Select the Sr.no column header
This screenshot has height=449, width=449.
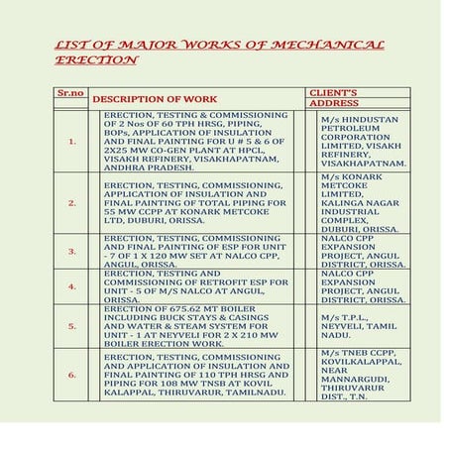68,92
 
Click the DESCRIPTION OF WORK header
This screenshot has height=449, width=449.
154,99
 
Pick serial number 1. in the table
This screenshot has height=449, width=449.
72,141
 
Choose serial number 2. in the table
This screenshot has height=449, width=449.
72,202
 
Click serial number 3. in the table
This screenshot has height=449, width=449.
72,252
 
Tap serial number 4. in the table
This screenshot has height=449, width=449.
72,285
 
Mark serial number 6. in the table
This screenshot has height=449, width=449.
72,375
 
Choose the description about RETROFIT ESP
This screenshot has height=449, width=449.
196,285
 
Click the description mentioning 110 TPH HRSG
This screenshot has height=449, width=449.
196,375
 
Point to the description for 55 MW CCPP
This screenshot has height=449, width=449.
196,202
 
